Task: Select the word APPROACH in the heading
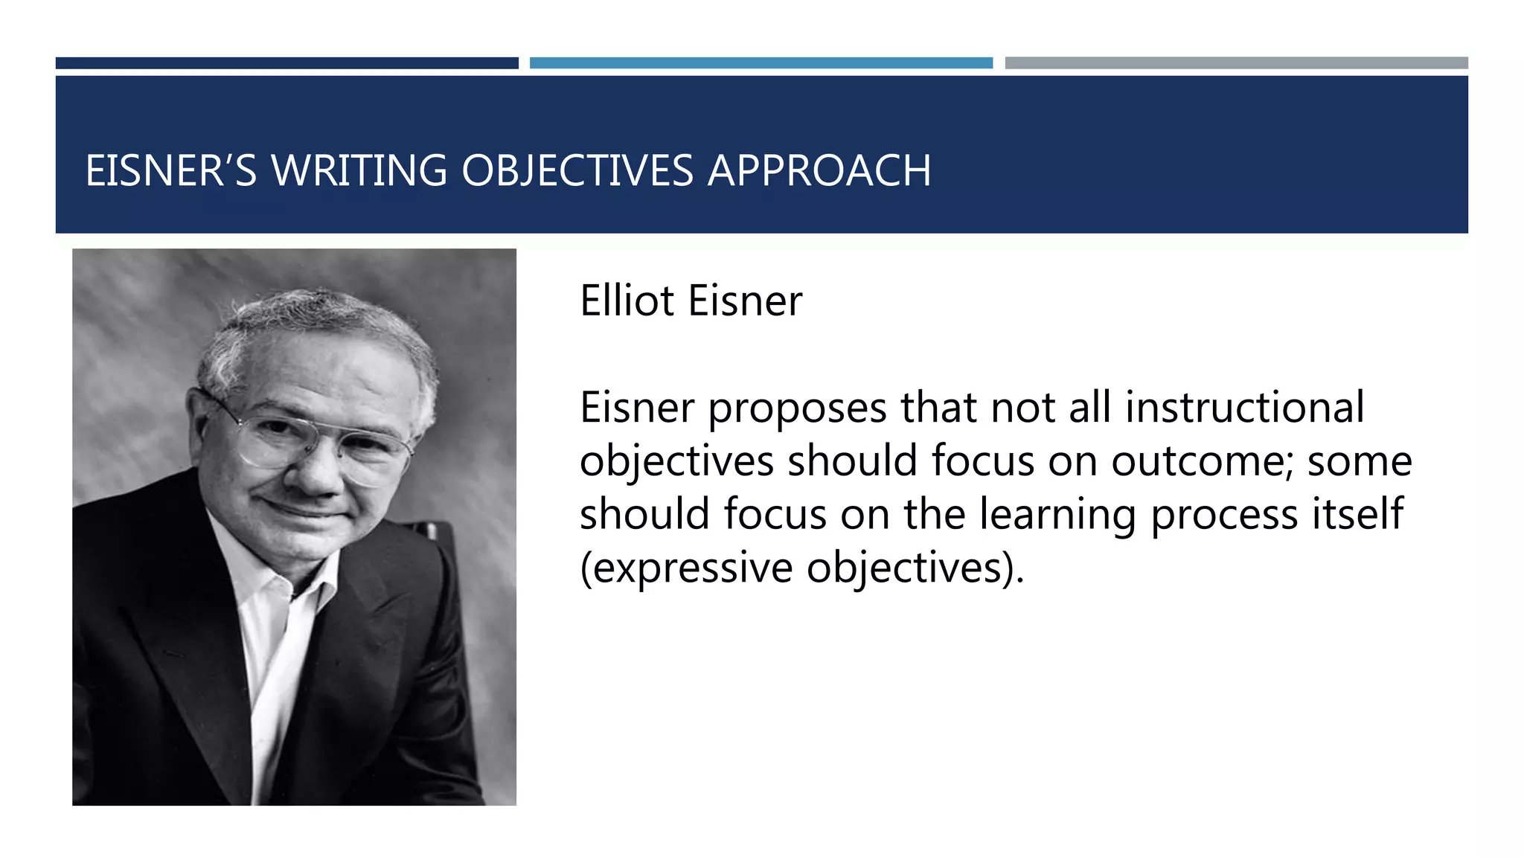[x=819, y=170]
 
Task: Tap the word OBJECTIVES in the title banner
[x=577, y=170]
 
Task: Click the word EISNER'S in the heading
[x=170, y=170]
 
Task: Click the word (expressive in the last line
[x=686, y=568]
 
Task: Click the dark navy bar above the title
[x=286, y=63]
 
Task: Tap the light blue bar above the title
[x=761, y=63]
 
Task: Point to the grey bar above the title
[x=1236, y=63]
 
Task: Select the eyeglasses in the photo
[x=313, y=439]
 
